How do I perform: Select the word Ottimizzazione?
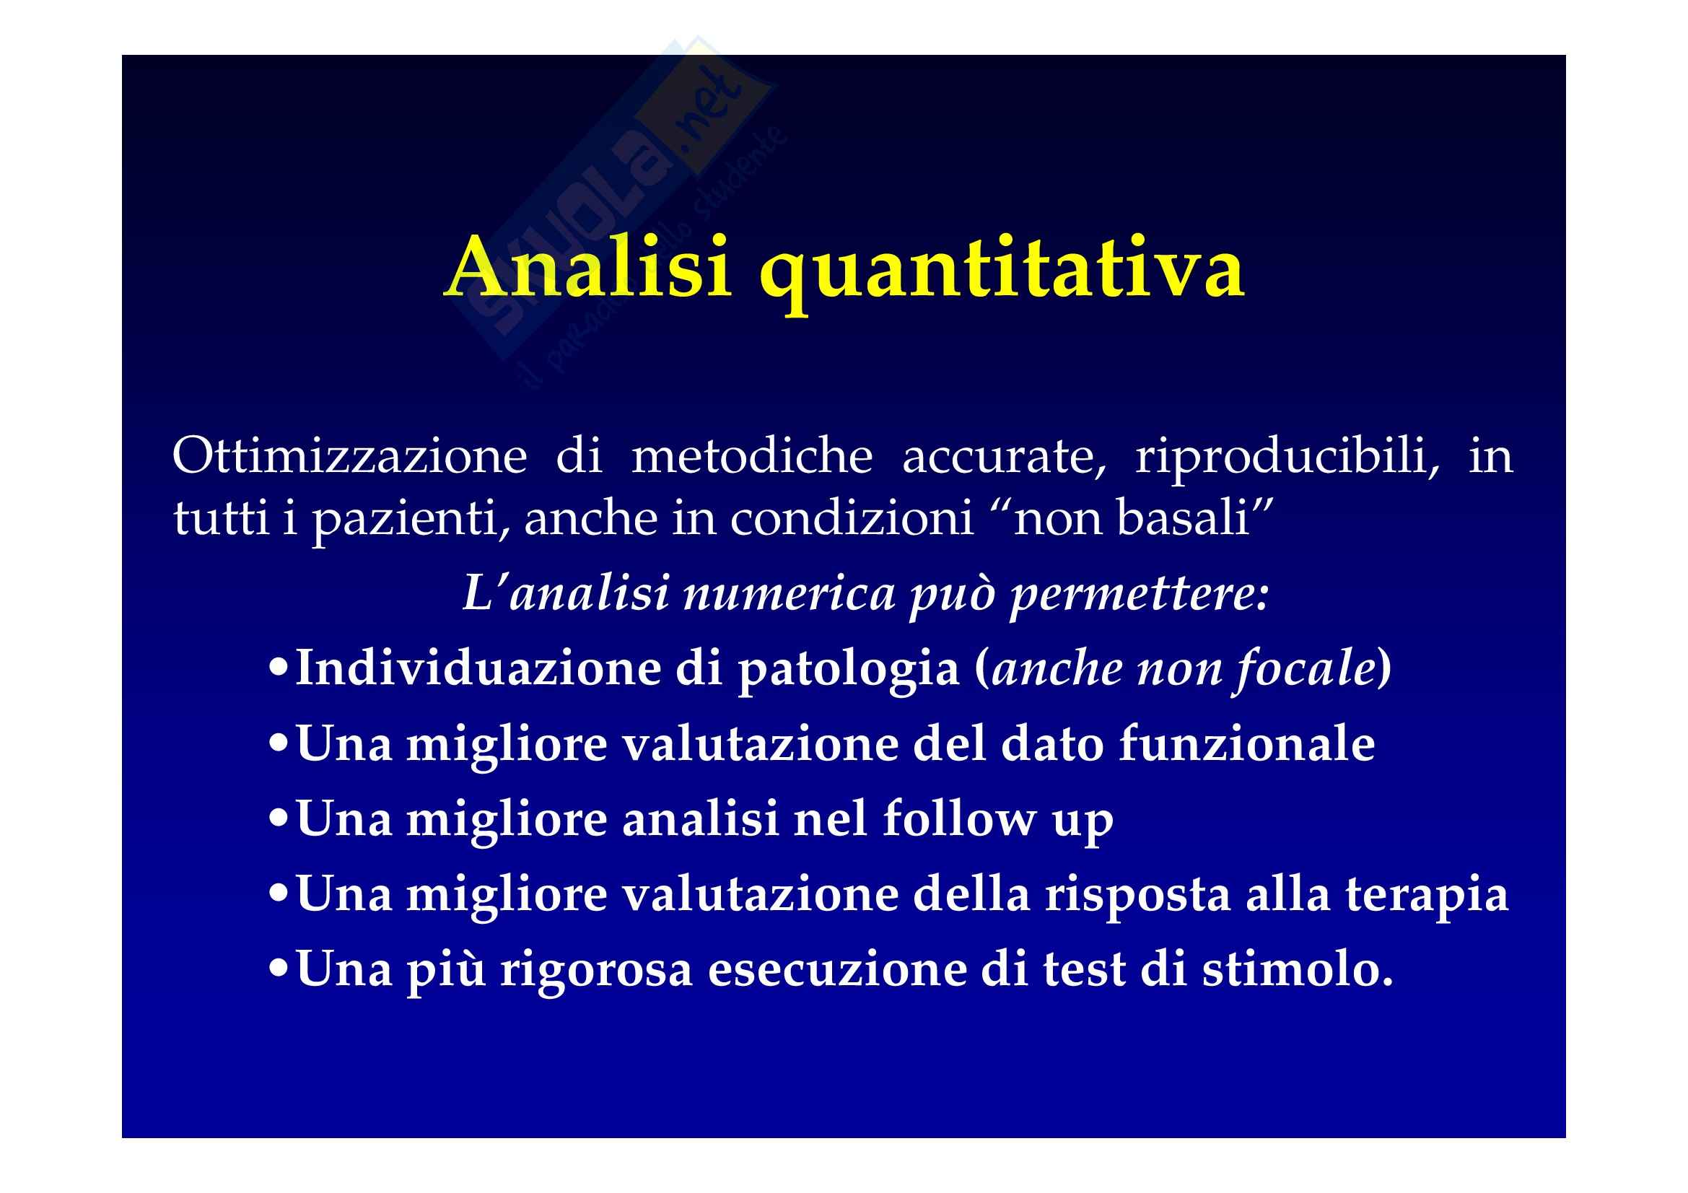click(349, 455)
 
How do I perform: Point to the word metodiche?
click(751, 455)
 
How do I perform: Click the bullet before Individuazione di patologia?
click(279, 670)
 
